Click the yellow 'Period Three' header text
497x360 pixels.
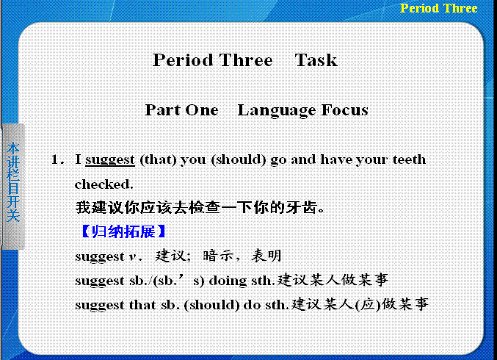[x=438, y=8]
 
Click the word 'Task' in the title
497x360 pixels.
[x=316, y=60]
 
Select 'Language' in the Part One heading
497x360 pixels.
[x=277, y=111]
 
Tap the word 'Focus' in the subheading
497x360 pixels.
[x=345, y=110]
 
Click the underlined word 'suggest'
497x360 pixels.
[x=110, y=160]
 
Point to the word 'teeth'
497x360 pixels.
[x=409, y=159]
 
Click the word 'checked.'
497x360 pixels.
[x=104, y=184]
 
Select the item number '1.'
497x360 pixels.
[x=57, y=159]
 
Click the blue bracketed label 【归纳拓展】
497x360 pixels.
[x=123, y=231]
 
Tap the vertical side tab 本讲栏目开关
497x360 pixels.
[x=14, y=182]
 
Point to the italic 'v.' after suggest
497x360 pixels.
[x=134, y=256]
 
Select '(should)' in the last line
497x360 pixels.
[x=211, y=305]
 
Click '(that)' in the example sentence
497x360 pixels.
[x=158, y=159]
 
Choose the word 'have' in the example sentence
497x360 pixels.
[x=336, y=159]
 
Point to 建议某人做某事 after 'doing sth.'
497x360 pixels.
[x=333, y=281]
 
